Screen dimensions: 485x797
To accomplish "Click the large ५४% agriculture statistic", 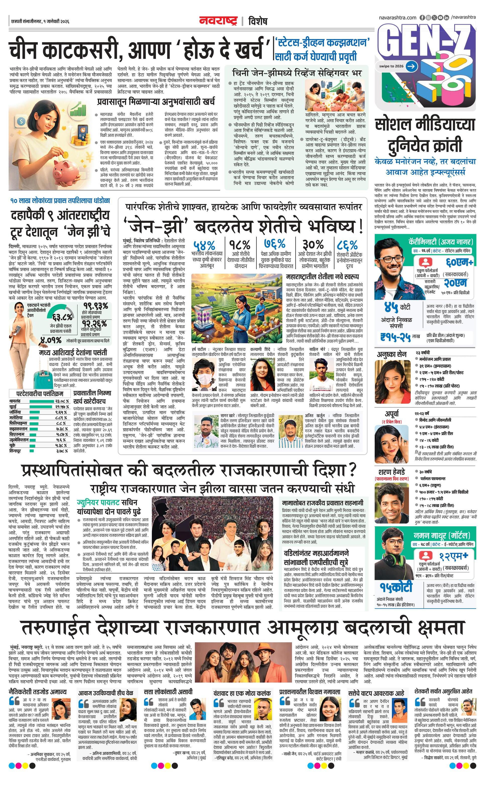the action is point(204,244).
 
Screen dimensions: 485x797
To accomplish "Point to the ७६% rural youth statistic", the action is point(274,243).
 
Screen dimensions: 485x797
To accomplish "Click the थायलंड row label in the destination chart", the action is point(15,401).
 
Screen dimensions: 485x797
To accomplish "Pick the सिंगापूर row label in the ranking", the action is point(15,451).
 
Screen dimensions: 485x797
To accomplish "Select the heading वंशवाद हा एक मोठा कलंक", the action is point(242,693).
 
